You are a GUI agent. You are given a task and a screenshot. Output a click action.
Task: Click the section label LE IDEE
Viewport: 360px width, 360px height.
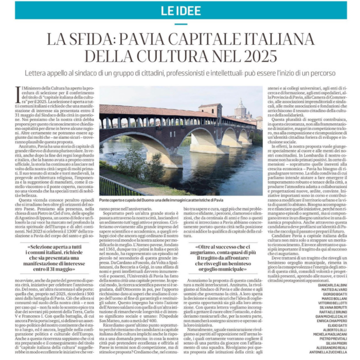(x=179, y=10)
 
